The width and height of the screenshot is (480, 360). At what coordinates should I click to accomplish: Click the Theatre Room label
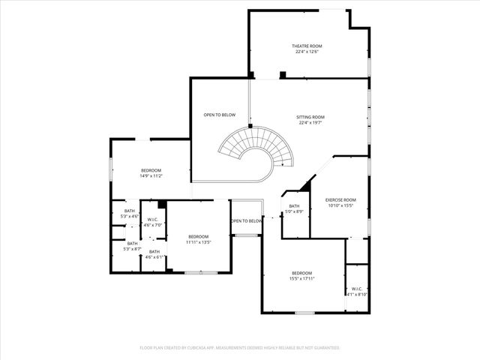coord(307,46)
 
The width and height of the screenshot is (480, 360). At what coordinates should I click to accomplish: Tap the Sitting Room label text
coord(310,117)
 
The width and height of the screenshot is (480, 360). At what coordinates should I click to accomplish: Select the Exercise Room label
coord(340,199)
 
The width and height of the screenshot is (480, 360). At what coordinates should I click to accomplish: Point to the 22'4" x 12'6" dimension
coord(307,52)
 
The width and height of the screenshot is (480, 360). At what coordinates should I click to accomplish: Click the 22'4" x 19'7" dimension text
coord(310,123)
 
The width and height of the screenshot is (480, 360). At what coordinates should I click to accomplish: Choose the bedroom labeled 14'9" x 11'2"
coord(151,173)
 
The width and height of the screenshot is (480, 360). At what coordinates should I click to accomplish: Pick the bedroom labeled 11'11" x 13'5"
coord(199,238)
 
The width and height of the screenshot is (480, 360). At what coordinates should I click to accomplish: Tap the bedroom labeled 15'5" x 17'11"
coord(301,275)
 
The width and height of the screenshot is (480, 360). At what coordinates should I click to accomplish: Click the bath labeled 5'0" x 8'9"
coord(294,208)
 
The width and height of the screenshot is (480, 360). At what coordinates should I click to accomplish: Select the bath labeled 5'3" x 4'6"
coord(130,214)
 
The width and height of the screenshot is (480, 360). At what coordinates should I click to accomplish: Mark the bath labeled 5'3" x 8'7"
coord(132,246)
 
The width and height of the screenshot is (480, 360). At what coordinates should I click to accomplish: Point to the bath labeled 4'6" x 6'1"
coord(154,254)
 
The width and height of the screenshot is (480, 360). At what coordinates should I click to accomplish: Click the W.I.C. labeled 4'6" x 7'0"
coord(153,222)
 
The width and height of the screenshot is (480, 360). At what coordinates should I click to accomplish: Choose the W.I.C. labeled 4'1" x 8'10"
coord(356,292)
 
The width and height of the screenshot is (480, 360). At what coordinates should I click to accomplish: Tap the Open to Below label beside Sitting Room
coord(220,115)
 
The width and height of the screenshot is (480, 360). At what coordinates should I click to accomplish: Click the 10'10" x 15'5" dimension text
coord(340,205)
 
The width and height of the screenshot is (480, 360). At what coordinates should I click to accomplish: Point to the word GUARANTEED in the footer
coord(325,348)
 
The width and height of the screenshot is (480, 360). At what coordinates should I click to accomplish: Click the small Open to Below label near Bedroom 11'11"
coord(247,220)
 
